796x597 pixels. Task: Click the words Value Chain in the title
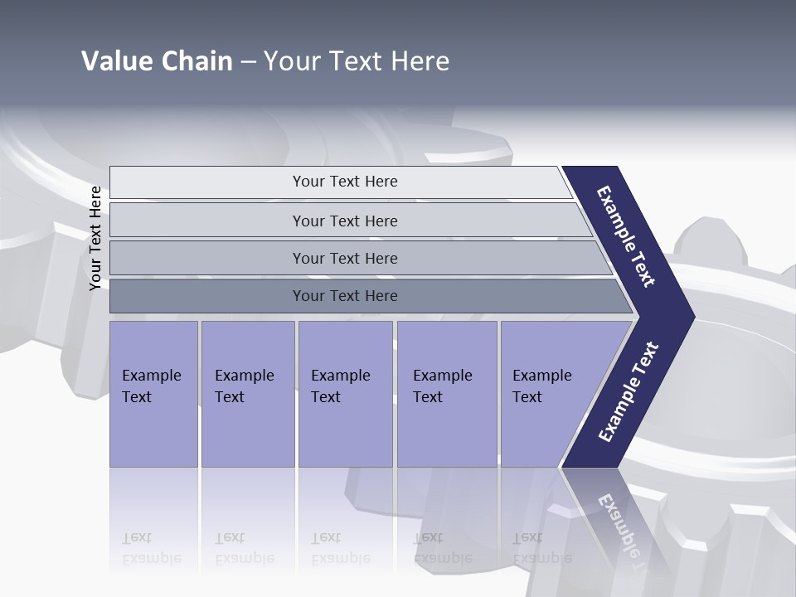click(x=157, y=61)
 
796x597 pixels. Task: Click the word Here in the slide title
click(x=420, y=61)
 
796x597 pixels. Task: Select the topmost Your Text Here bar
click(x=344, y=182)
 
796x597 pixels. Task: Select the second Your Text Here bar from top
click(x=344, y=221)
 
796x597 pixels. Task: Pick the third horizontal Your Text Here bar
click(x=344, y=258)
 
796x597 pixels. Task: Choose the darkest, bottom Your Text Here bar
click(x=344, y=296)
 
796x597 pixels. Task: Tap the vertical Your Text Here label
click(x=95, y=239)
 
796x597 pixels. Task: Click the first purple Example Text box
click(x=153, y=393)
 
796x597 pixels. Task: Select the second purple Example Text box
click(x=247, y=393)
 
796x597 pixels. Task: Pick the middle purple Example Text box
click(x=344, y=393)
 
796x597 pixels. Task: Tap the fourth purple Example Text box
click(x=446, y=393)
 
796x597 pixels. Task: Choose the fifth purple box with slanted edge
click(x=547, y=393)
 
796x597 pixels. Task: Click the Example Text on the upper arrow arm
click(x=626, y=236)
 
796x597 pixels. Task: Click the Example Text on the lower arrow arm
click(x=628, y=392)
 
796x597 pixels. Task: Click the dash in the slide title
click(x=248, y=61)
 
